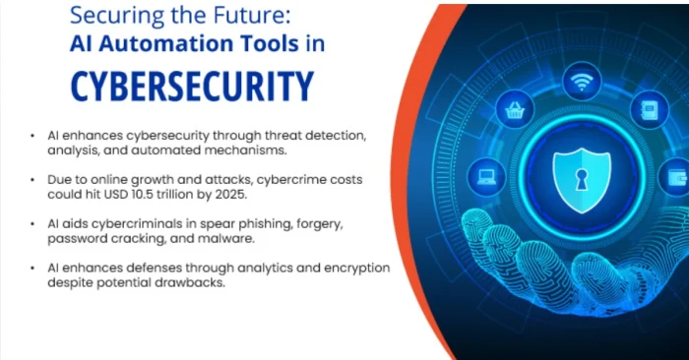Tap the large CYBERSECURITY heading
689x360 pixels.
(192, 87)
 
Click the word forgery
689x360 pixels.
(319, 224)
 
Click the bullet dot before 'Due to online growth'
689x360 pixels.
(36, 180)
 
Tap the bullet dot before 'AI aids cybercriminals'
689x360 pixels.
(36, 224)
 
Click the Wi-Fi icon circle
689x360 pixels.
(582, 84)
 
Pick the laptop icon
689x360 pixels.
(485, 178)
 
